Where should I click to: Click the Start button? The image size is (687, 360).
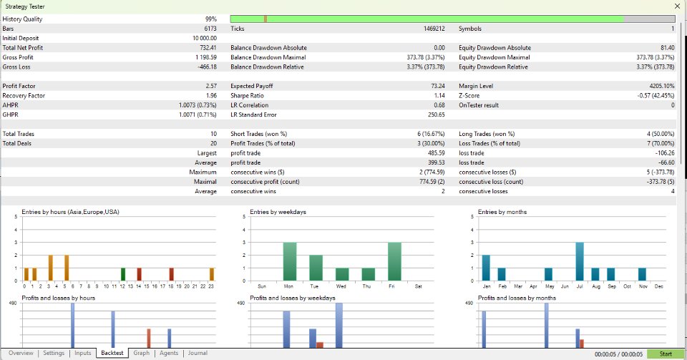(x=666, y=354)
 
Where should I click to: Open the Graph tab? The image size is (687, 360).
(x=141, y=353)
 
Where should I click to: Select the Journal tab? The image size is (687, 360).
(x=198, y=353)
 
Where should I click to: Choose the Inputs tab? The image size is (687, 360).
(x=83, y=353)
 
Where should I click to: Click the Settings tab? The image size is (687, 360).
(x=54, y=353)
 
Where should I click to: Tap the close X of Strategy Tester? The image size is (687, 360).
(x=677, y=6)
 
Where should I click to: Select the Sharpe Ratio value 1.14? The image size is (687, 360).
(x=438, y=95)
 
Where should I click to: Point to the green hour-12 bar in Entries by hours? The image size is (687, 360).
(x=123, y=274)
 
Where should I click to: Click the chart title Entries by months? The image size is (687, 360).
(x=502, y=212)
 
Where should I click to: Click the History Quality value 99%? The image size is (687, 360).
(x=210, y=19)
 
